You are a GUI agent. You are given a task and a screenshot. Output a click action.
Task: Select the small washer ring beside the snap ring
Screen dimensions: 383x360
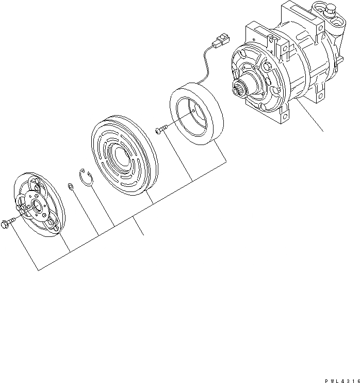[70, 186]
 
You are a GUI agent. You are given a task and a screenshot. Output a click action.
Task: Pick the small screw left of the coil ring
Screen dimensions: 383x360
[160, 130]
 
